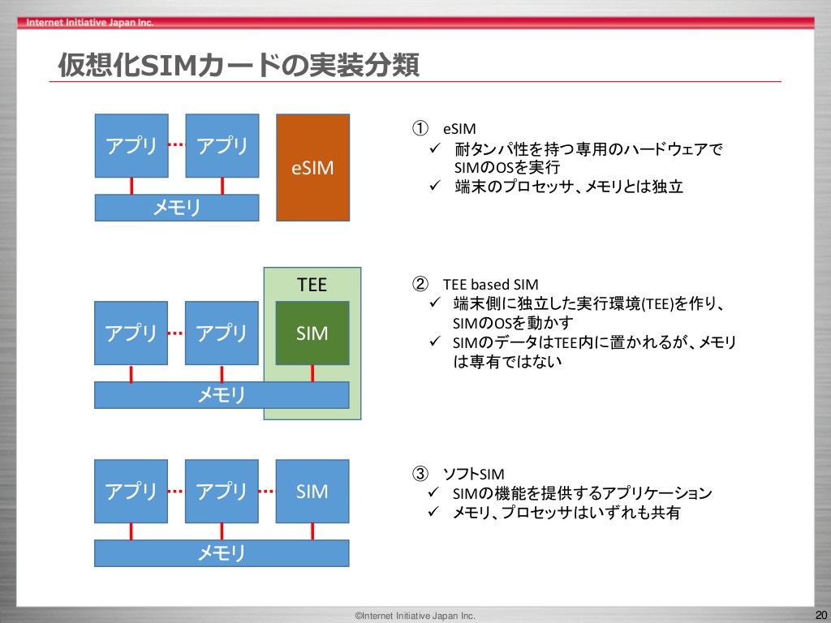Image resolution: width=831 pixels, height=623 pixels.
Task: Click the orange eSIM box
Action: coord(312,167)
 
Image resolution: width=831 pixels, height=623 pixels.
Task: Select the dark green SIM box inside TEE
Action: coord(312,333)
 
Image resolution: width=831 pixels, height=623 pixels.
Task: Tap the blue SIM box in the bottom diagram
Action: coord(312,491)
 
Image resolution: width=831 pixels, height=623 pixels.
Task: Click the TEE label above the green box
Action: coord(312,285)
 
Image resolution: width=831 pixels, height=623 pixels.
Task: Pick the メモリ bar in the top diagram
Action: coord(177,207)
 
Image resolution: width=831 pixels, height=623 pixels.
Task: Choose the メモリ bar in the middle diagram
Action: coord(222,395)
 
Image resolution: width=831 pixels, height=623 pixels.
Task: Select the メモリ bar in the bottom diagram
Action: coord(222,553)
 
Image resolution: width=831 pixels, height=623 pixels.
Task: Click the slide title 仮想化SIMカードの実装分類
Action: coord(239,65)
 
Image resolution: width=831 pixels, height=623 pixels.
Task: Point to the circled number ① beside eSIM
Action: coord(420,128)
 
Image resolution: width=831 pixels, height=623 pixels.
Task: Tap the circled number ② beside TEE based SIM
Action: coord(420,285)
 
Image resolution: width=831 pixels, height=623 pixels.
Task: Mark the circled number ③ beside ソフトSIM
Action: coord(420,473)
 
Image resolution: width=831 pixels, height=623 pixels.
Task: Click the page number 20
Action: coord(821,615)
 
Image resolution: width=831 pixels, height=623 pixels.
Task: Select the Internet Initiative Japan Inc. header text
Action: coord(89,22)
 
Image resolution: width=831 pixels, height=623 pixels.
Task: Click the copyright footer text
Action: coord(415,616)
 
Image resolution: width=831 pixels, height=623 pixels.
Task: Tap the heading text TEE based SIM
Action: coord(491,285)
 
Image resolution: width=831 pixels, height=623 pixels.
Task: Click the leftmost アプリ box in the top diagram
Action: coord(131,146)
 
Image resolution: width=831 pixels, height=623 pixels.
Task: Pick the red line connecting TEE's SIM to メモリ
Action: coord(312,373)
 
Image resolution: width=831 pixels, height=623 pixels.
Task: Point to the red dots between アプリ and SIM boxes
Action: coord(267,492)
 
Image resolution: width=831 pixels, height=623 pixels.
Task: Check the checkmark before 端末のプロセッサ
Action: coord(435,186)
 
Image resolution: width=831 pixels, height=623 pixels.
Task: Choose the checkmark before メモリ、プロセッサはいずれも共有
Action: coord(434,512)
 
